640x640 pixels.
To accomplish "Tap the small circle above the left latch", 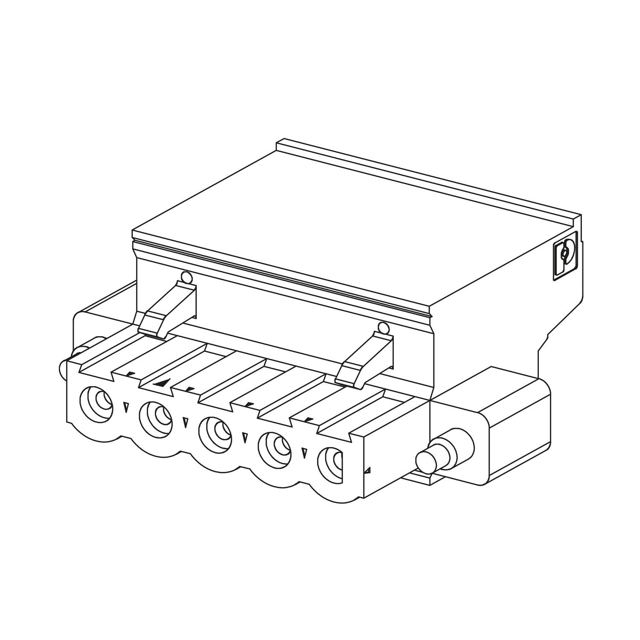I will tap(186, 278).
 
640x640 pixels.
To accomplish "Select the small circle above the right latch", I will tap(383, 328).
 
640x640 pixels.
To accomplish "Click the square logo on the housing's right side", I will tap(565, 256).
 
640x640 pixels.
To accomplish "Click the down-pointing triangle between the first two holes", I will tap(126, 407).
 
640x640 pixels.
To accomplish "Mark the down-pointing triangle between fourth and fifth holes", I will tap(304, 453).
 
